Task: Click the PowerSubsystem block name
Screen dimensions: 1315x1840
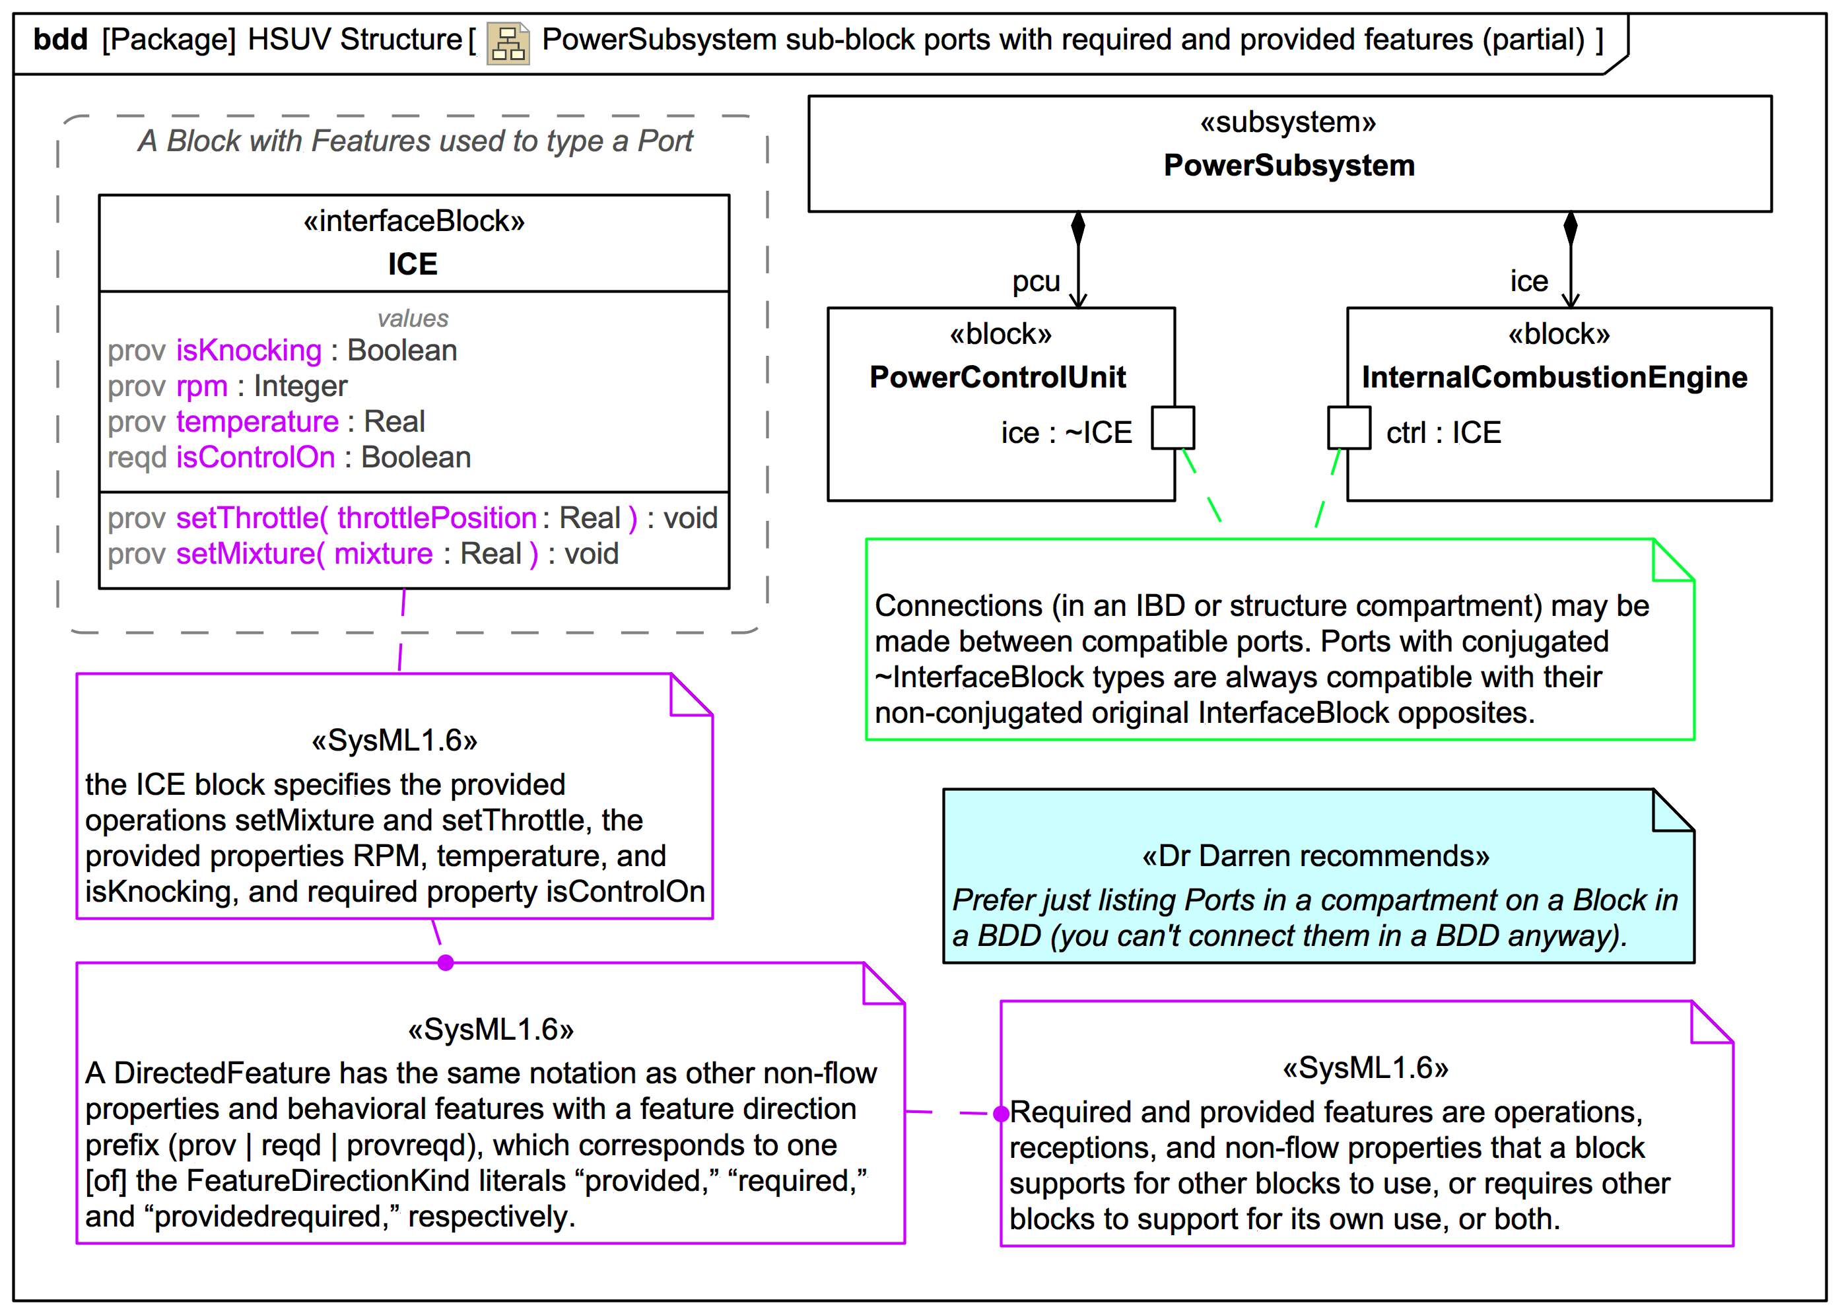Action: pos(1289,165)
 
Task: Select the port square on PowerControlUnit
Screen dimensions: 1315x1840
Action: pos(1173,428)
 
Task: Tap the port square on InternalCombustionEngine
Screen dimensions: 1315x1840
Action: pos(1348,428)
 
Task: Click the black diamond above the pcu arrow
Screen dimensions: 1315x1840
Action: pos(1078,228)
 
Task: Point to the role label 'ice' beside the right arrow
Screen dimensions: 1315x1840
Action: pos(1528,281)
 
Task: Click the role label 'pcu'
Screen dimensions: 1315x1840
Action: pos(1035,281)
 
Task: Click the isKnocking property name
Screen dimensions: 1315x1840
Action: pos(249,351)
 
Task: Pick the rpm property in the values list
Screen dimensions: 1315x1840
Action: pos(201,386)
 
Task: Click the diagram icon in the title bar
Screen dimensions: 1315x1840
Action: pos(508,43)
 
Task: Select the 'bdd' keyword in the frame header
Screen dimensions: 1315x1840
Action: pos(60,40)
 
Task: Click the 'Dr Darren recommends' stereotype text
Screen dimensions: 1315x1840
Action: pos(1315,856)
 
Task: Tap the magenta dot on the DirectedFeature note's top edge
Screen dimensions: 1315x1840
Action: pos(446,962)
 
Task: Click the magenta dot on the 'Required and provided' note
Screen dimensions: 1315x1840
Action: pos(1001,1114)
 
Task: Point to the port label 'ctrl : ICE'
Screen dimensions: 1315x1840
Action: pos(1443,432)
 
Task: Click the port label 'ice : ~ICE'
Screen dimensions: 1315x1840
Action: pos(1066,432)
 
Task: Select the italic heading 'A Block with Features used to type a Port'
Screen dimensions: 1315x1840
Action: pos(415,141)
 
